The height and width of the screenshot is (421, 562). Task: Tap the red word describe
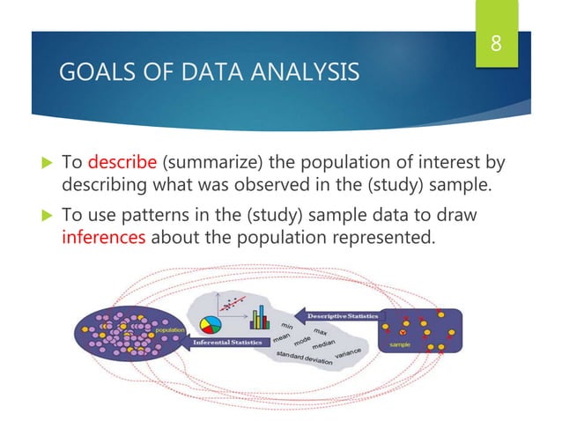[121, 163]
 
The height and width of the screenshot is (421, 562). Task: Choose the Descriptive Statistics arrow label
[342, 314]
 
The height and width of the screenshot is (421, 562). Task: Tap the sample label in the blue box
[398, 346]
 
